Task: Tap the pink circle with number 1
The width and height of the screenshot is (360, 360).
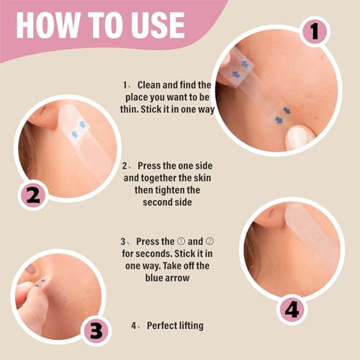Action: click(x=315, y=31)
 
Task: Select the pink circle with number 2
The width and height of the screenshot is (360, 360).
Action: click(x=33, y=195)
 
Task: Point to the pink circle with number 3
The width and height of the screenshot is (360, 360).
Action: click(x=96, y=330)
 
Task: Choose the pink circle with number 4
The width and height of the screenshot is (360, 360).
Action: click(x=292, y=310)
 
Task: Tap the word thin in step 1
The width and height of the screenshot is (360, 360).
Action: click(x=129, y=109)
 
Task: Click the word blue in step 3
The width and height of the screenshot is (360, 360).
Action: click(x=154, y=278)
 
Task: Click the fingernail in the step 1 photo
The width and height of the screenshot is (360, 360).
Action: click(x=298, y=137)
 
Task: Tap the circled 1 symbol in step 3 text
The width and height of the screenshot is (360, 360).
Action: click(x=181, y=241)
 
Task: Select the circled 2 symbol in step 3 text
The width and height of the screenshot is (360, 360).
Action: click(x=210, y=241)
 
